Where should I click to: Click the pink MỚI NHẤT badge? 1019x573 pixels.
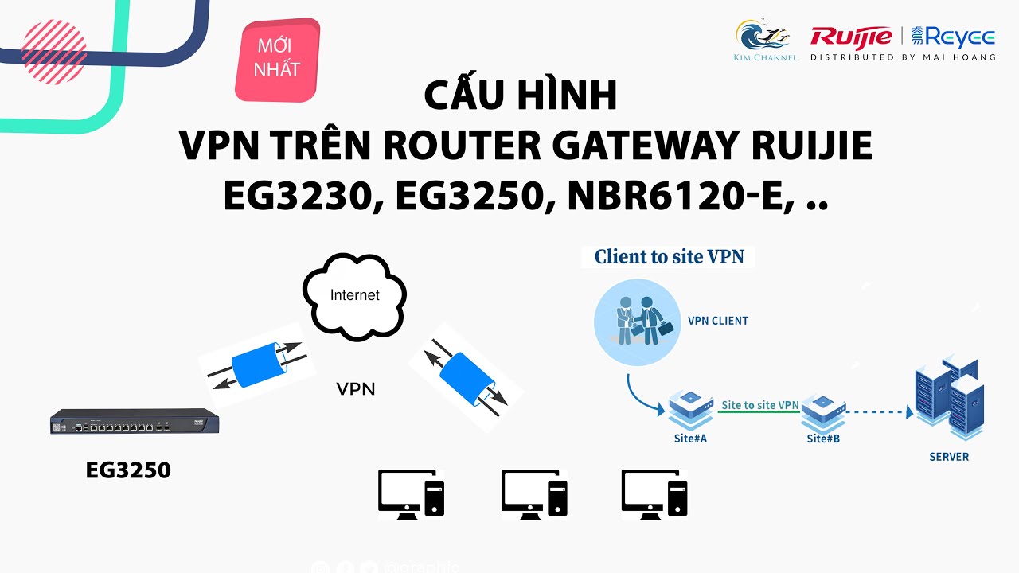[277, 59]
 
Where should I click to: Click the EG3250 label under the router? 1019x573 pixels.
[128, 470]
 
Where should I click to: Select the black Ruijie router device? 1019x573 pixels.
[134, 422]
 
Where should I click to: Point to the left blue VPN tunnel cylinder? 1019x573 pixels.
[256, 365]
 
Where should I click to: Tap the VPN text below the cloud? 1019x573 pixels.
[355, 389]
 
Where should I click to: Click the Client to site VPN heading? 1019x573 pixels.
[670, 257]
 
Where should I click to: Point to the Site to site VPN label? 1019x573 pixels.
[759, 405]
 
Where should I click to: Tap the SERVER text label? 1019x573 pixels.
[949, 457]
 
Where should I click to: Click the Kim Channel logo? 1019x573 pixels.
[764, 39]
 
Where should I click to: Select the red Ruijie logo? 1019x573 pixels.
[851, 37]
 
